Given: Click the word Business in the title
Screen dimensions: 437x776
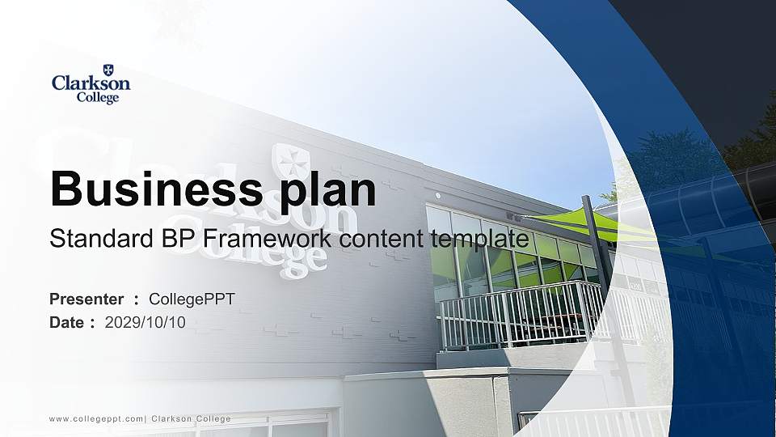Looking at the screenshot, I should [x=145, y=190].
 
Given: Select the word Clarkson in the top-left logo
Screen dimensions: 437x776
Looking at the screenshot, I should [x=91, y=83].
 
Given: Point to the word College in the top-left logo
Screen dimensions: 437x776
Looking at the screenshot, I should [x=96, y=97].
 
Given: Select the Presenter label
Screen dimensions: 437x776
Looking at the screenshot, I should [x=86, y=299].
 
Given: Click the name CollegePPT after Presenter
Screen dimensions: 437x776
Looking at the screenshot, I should [x=192, y=299].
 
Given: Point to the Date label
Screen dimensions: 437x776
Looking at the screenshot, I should [x=67, y=322].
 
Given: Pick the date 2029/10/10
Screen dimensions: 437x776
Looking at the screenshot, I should [x=145, y=322].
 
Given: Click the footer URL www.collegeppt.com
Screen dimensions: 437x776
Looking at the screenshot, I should [x=96, y=418].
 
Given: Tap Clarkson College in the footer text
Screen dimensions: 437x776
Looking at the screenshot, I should [x=192, y=418].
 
